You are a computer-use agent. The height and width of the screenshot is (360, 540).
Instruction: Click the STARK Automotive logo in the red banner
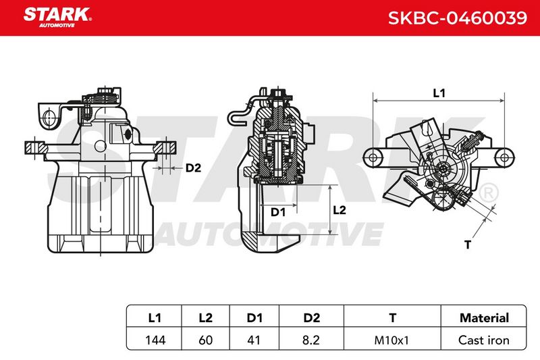(x=57, y=18)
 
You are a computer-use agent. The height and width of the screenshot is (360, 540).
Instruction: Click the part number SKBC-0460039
(x=458, y=18)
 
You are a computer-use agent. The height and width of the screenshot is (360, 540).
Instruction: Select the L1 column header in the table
(x=155, y=317)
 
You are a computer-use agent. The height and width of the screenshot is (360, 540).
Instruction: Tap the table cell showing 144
(x=155, y=340)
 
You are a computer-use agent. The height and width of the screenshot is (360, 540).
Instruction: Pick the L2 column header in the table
(x=206, y=317)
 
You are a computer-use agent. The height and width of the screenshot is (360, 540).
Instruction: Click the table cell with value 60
(x=206, y=340)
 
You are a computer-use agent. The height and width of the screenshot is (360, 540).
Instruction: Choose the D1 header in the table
(x=254, y=317)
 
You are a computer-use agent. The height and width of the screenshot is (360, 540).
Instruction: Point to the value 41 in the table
(x=254, y=340)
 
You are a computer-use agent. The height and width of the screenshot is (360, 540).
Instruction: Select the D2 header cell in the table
(x=312, y=317)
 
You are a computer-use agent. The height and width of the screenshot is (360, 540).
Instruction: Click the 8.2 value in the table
(x=311, y=340)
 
